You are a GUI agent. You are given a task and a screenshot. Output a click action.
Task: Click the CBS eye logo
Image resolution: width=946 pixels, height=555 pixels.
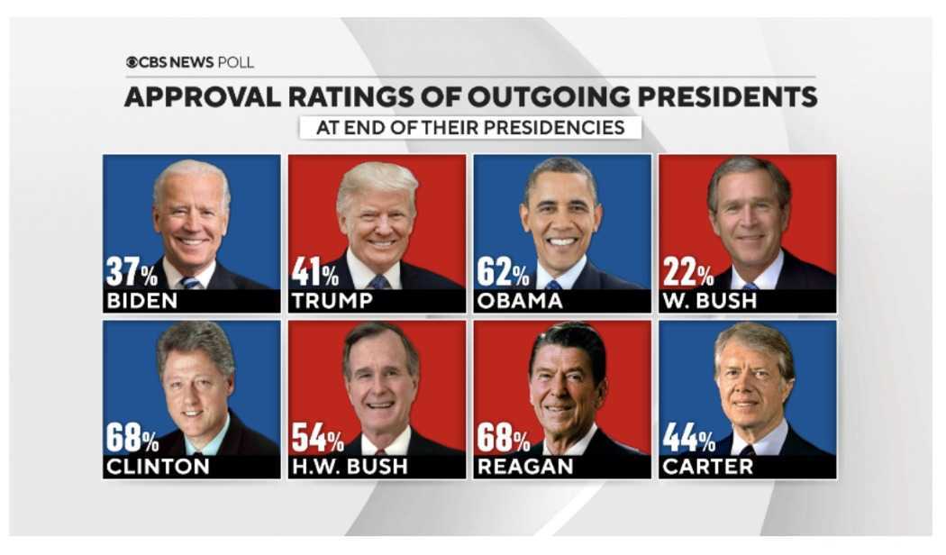point(132,62)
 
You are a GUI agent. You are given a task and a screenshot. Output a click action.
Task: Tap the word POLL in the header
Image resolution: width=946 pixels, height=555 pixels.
point(236,62)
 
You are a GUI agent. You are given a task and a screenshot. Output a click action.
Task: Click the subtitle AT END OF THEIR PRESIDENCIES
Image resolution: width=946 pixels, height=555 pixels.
point(469,127)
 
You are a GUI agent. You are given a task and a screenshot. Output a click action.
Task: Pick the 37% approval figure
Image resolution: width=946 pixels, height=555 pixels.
point(132,271)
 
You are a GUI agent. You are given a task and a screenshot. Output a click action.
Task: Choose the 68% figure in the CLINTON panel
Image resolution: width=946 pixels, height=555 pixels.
point(132,438)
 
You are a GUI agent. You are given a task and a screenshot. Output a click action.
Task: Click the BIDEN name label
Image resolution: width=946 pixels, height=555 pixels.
point(141,301)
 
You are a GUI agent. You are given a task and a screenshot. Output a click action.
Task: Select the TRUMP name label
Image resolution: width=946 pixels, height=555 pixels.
point(332,301)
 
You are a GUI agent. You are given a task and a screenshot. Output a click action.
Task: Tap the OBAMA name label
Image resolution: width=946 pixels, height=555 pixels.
point(519,301)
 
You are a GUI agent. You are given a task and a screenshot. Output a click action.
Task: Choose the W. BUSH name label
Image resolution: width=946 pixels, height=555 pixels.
point(709,301)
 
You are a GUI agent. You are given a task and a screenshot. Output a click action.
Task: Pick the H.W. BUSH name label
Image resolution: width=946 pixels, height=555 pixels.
point(350,467)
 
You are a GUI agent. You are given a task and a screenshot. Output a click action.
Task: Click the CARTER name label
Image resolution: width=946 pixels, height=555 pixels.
point(707,467)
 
